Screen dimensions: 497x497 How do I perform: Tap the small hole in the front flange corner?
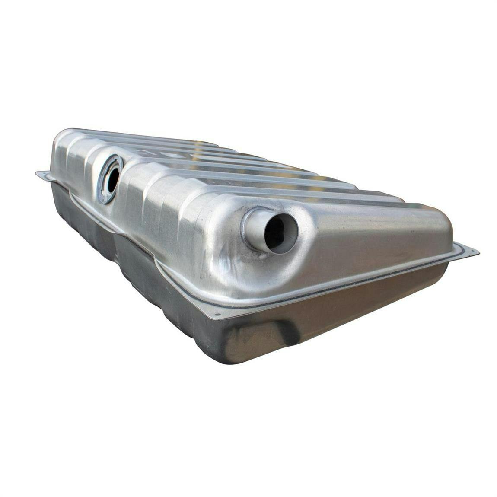pos(217,315)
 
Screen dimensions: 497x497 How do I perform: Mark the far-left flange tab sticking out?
pos(43,175)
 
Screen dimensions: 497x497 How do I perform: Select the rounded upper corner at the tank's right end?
pos(443,216)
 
